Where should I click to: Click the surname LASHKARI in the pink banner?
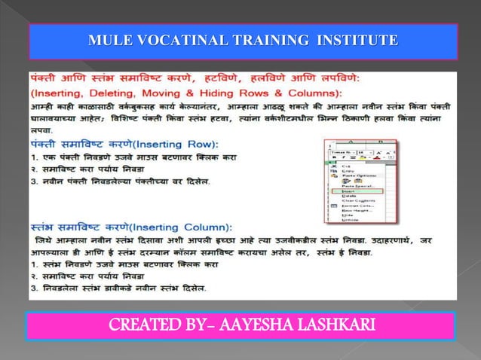click(345, 325)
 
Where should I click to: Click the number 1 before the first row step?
click(33, 157)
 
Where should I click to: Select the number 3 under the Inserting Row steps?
click(33, 182)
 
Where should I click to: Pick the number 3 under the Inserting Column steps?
click(33, 288)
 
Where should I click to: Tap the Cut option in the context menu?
click(346, 166)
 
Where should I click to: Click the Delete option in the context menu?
click(348, 197)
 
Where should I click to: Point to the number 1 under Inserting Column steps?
click(33, 264)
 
